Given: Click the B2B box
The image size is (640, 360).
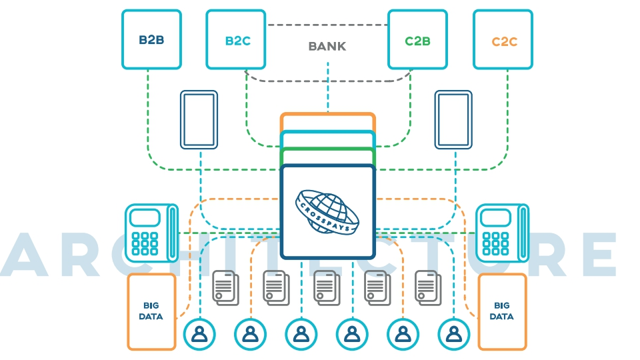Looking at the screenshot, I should pyautogui.click(x=151, y=39).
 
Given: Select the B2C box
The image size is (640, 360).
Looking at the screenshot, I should pyautogui.click(x=236, y=39).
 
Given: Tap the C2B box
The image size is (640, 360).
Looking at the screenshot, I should pyautogui.click(x=417, y=39).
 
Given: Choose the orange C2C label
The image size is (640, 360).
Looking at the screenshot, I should pyautogui.click(x=504, y=41).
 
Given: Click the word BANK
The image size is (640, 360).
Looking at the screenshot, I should pyautogui.click(x=327, y=47).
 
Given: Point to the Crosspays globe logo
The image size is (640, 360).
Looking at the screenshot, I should pyautogui.click(x=327, y=211).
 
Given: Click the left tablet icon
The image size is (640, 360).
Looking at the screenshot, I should pyautogui.click(x=199, y=119).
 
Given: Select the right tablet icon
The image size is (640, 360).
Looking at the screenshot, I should pyautogui.click(x=454, y=119).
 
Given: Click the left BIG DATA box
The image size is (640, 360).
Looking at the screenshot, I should pyautogui.click(x=151, y=311).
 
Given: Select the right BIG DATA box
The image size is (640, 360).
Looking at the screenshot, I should pyautogui.click(x=502, y=311).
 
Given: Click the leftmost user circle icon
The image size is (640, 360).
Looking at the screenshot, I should pyautogui.click(x=199, y=333).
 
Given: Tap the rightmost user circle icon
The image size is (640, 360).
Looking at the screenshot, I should pyautogui.click(x=454, y=333).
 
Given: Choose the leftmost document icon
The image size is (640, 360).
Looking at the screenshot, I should pyautogui.click(x=225, y=287).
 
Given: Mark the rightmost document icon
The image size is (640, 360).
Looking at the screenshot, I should pyautogui.click(x=428, y=287).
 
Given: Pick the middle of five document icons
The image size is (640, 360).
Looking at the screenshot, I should pyautogui.click(x=327, y=287).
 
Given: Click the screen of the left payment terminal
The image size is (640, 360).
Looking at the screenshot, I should pyautogui.click(x=145, y=217).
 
